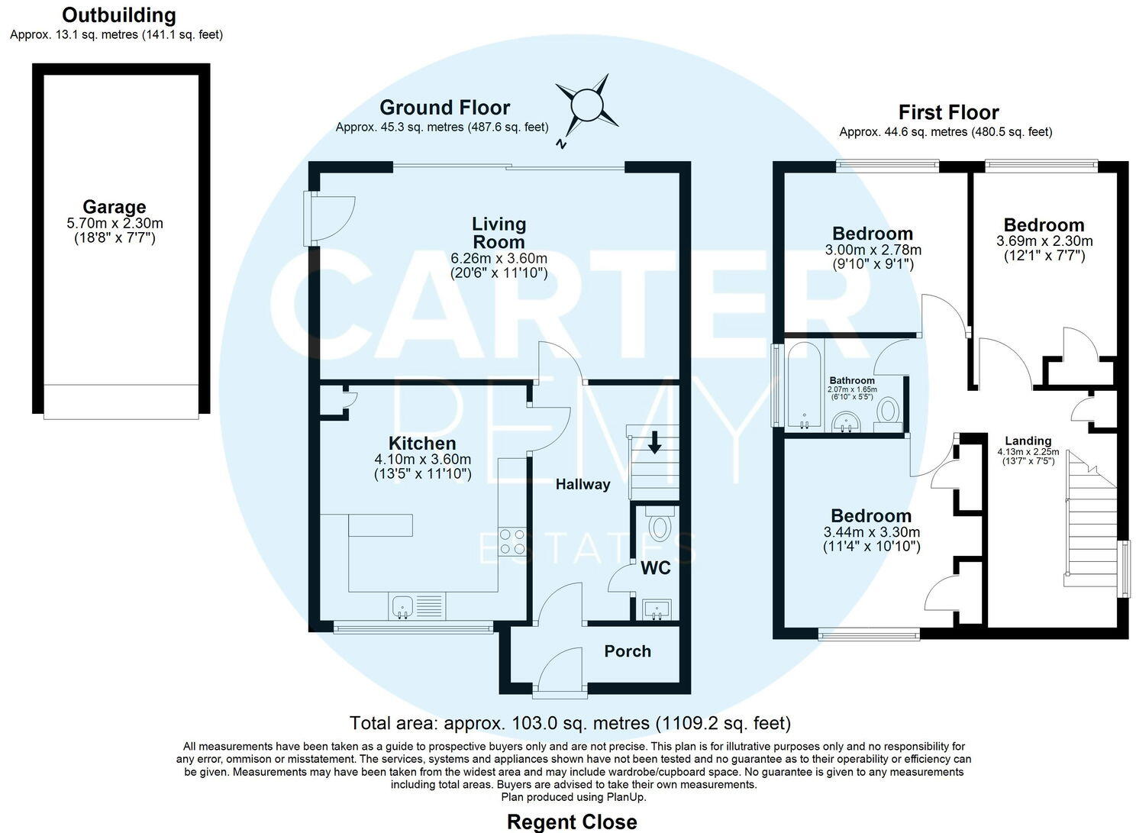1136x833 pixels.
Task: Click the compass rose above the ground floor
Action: pos(586,105)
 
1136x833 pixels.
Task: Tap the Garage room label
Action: pos(115,207)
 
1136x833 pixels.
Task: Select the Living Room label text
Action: pos(499,233)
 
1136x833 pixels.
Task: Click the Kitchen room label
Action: pos(422,444)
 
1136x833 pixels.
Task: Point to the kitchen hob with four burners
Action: pos(512,541)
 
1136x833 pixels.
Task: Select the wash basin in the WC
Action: pos(657,609)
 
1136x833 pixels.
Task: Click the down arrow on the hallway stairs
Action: pos(654,442)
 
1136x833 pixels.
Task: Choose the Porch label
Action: pos(628,651)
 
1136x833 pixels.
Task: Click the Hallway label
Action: pos(583,484)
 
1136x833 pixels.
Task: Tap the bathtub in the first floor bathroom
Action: pos(804,386)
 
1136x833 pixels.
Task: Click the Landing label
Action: pos(1028,441)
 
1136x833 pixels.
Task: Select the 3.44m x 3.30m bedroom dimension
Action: pos(871,532)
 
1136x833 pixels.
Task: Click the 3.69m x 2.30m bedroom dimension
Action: pos(1044,241)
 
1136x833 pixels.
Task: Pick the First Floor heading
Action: pos(948,113)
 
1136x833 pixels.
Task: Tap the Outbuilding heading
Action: pos(118,15)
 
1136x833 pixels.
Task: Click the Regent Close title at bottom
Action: pos(572,822)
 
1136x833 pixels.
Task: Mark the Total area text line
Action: pos(570,722)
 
